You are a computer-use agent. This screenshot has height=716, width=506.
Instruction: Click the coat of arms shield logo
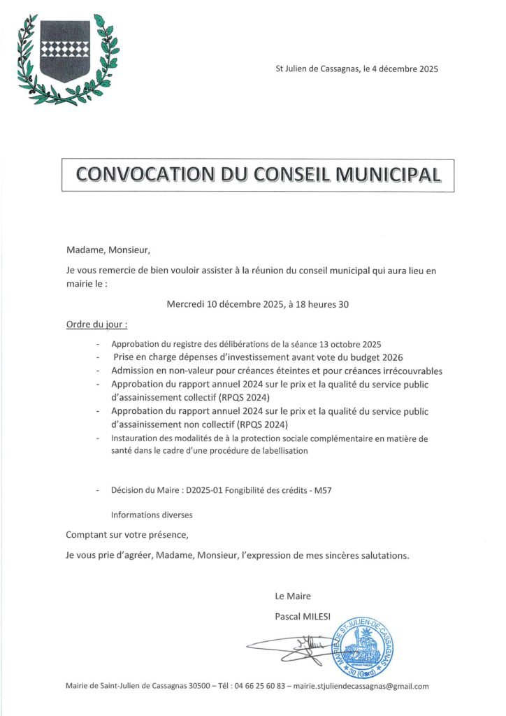pos(65,50)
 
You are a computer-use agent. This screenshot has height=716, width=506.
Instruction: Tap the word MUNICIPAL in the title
pos(388,174)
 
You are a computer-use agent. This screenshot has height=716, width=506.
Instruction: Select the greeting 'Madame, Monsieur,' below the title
pos(108,250)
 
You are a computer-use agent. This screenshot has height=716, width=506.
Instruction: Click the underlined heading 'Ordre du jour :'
pos(97,325)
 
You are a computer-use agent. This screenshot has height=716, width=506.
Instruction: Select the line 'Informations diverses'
pos(152,515)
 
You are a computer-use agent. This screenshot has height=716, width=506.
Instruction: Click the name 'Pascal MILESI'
pos(304,615)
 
